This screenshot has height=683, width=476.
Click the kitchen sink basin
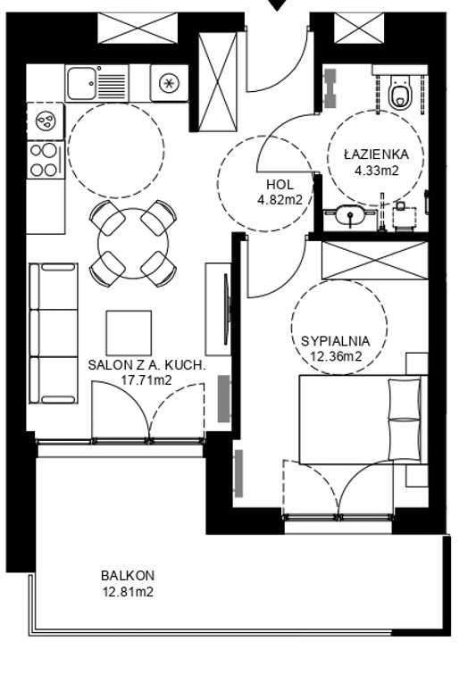(81, 83)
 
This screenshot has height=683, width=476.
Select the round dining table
(133, 244)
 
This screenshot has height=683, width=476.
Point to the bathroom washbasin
(349, 214)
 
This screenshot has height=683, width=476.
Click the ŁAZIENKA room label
(376, 154)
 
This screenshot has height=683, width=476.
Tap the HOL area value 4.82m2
(280, 200)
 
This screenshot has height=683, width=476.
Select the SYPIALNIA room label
(336, 341)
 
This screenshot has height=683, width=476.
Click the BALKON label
(128, 575)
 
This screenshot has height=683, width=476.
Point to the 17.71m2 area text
(146, 380)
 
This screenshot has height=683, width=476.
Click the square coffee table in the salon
(129, 333)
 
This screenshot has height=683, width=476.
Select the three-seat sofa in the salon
(54, 333)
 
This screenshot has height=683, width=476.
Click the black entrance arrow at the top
(277, 5)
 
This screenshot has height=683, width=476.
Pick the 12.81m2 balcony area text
(128, 592)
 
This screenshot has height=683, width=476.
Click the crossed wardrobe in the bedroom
(375, 260)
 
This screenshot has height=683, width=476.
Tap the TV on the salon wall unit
(226, 309)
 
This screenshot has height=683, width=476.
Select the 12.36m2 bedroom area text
(336, 357)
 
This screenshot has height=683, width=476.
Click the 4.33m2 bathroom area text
(377, 171)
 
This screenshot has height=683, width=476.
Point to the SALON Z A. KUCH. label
(146, 364)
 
